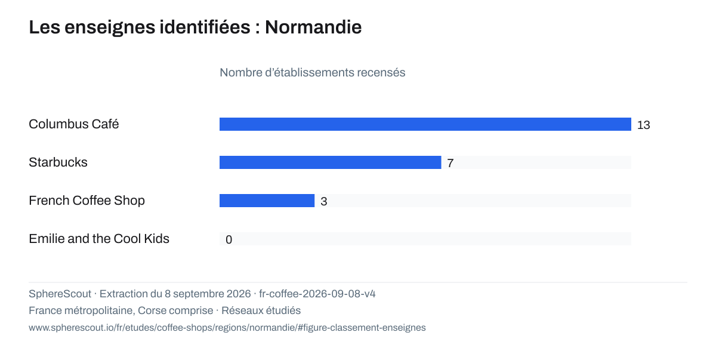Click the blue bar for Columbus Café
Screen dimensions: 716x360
425,124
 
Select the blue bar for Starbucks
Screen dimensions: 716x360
330,162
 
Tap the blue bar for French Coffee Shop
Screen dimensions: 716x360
267,201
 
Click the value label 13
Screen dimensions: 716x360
643,125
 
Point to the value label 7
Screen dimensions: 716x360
450,163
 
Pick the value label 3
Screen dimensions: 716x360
324,201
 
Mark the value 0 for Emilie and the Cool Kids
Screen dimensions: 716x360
229,239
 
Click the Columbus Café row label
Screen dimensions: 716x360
74,124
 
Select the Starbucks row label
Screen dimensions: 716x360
58,162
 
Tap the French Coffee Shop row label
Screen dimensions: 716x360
87,201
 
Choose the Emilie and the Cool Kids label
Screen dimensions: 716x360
99,239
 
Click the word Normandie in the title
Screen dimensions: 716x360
313,27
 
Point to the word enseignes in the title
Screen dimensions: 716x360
110,27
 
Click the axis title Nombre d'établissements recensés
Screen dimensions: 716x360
312,73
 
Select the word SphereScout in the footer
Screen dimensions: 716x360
60,294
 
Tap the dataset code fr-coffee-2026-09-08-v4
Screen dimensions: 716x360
317,294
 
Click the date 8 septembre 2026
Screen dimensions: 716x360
208,294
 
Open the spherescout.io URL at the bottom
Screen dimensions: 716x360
227,328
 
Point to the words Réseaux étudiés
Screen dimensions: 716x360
261,310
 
